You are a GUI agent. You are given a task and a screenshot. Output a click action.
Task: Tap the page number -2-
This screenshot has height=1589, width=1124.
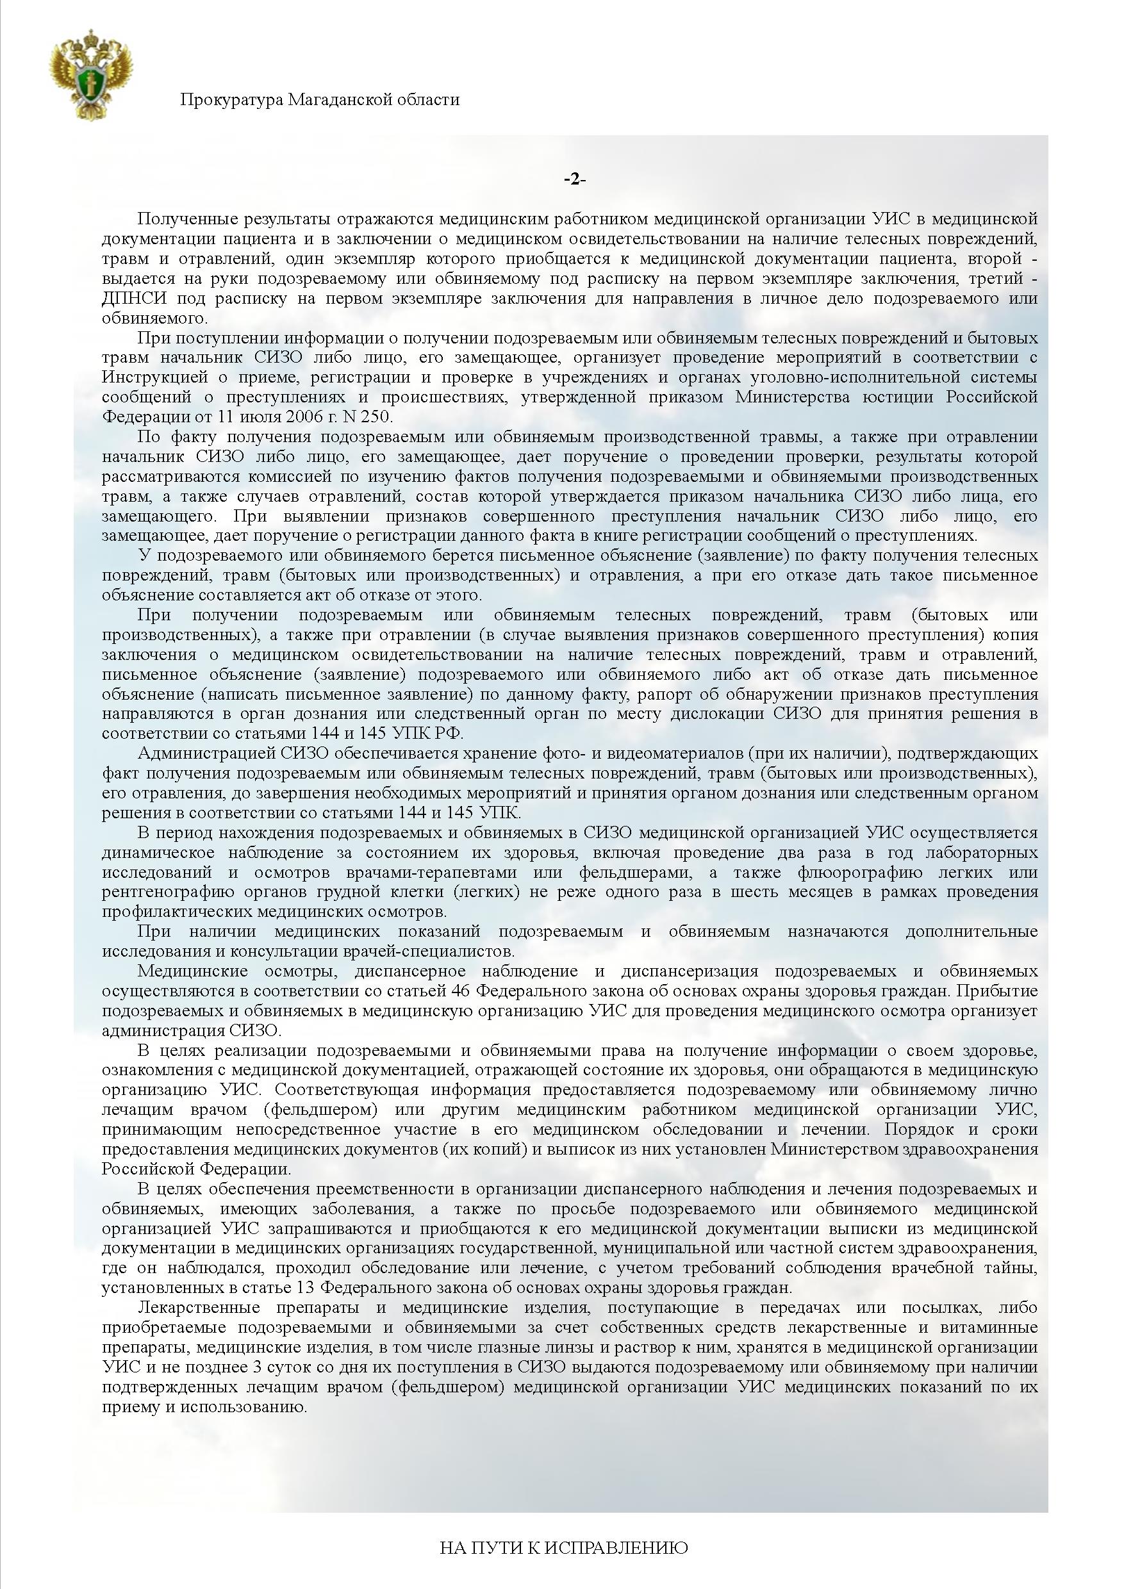pos(574,179)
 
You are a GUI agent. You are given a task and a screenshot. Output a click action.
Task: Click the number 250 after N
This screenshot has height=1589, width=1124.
pos(375,416)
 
